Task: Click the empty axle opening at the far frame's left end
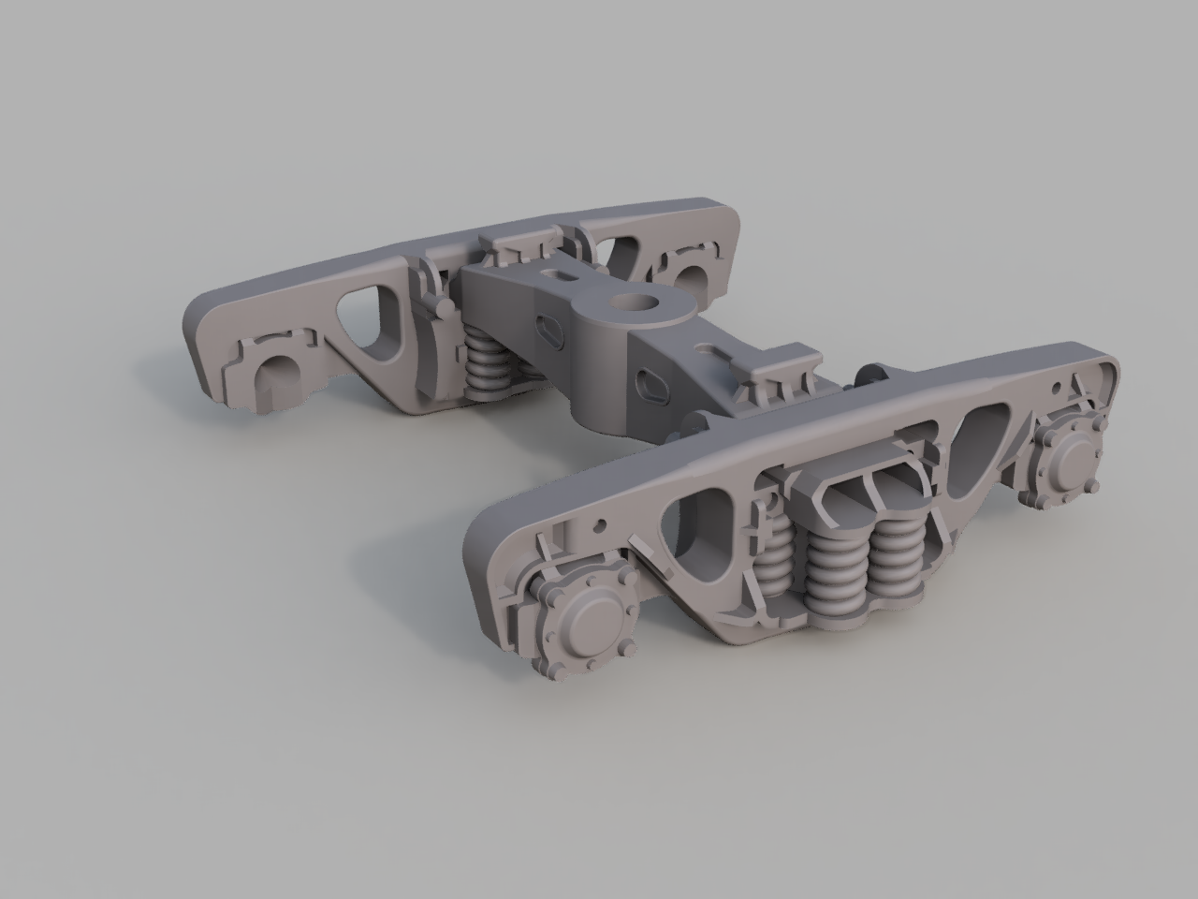tap(275, 373)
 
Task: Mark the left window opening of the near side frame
tap(697, 524)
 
